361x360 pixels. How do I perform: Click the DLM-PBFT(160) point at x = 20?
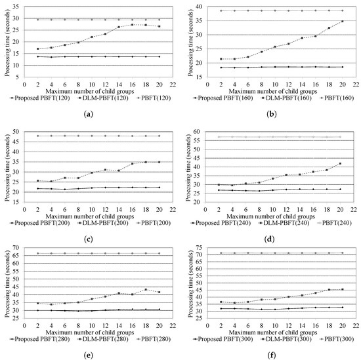click(x=341, y=22)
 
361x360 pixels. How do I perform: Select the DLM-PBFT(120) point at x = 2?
click(x=37, y=49)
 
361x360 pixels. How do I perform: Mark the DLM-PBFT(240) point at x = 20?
click(x=341, y=163)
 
